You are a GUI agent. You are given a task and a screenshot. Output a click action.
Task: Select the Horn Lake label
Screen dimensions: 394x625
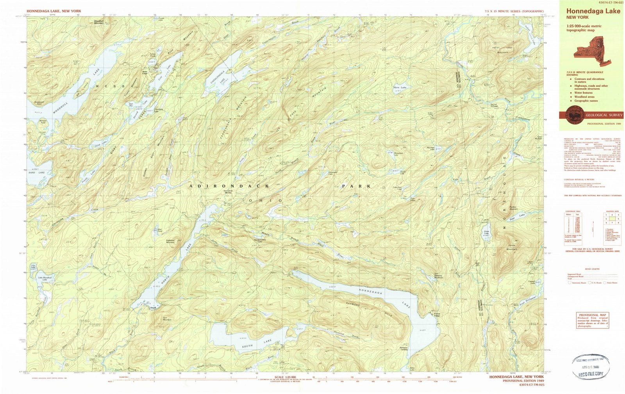coord(400,87)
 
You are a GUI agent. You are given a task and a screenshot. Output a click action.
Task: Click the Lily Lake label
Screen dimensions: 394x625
coord(34,266)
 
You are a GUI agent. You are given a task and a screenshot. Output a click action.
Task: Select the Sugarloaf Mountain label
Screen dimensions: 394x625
coord(171,241)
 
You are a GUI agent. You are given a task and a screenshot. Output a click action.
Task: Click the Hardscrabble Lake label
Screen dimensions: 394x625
coord(260,241)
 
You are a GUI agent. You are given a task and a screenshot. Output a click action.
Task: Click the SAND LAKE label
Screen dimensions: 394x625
coord(37,172)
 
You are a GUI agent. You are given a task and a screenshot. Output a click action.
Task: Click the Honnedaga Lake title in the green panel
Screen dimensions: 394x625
coord(593,11)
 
